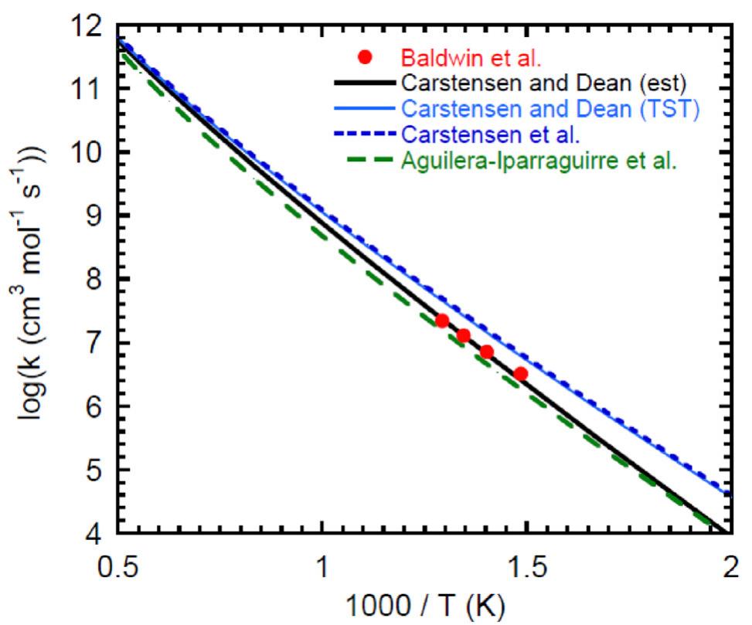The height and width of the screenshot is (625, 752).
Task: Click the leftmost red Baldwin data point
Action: tap(442, 321)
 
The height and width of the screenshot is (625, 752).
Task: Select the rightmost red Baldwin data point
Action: tap(521, 374)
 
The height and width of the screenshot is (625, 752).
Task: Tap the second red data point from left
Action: tap(464, 335)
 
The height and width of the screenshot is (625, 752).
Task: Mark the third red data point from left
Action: tap(487, 352)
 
